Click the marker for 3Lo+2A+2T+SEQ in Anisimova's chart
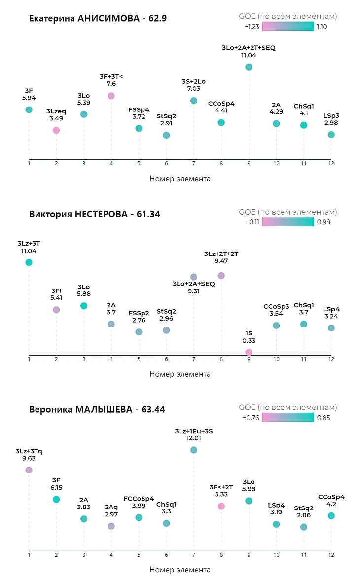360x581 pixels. point(249,67)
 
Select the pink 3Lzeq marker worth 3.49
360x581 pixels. point(56,130)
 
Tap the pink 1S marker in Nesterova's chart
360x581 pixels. point(249,352)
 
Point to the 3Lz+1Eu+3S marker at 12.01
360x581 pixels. point(194,450)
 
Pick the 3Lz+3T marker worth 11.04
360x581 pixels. point(29,262)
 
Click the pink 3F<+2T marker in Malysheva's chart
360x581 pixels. point(221,506)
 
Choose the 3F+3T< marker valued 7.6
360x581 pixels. point(111,96)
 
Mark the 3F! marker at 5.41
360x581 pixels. point(56,309)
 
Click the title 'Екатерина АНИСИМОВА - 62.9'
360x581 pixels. point(98,19)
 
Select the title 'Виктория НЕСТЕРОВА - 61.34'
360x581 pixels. point(95,214)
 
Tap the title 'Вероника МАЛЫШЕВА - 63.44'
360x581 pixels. point(97,409)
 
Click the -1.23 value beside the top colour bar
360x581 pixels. point(252,27)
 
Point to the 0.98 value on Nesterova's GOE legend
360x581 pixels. point(324,222)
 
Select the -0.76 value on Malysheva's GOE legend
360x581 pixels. point(251,418)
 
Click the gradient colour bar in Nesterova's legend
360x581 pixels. point(288,221)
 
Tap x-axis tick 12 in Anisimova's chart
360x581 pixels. point(331,163)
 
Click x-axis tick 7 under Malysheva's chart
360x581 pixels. point(194,555)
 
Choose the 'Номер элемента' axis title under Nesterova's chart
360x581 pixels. point(180,374)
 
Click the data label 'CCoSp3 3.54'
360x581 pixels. point(276,310)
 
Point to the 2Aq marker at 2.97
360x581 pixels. point(111,526)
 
